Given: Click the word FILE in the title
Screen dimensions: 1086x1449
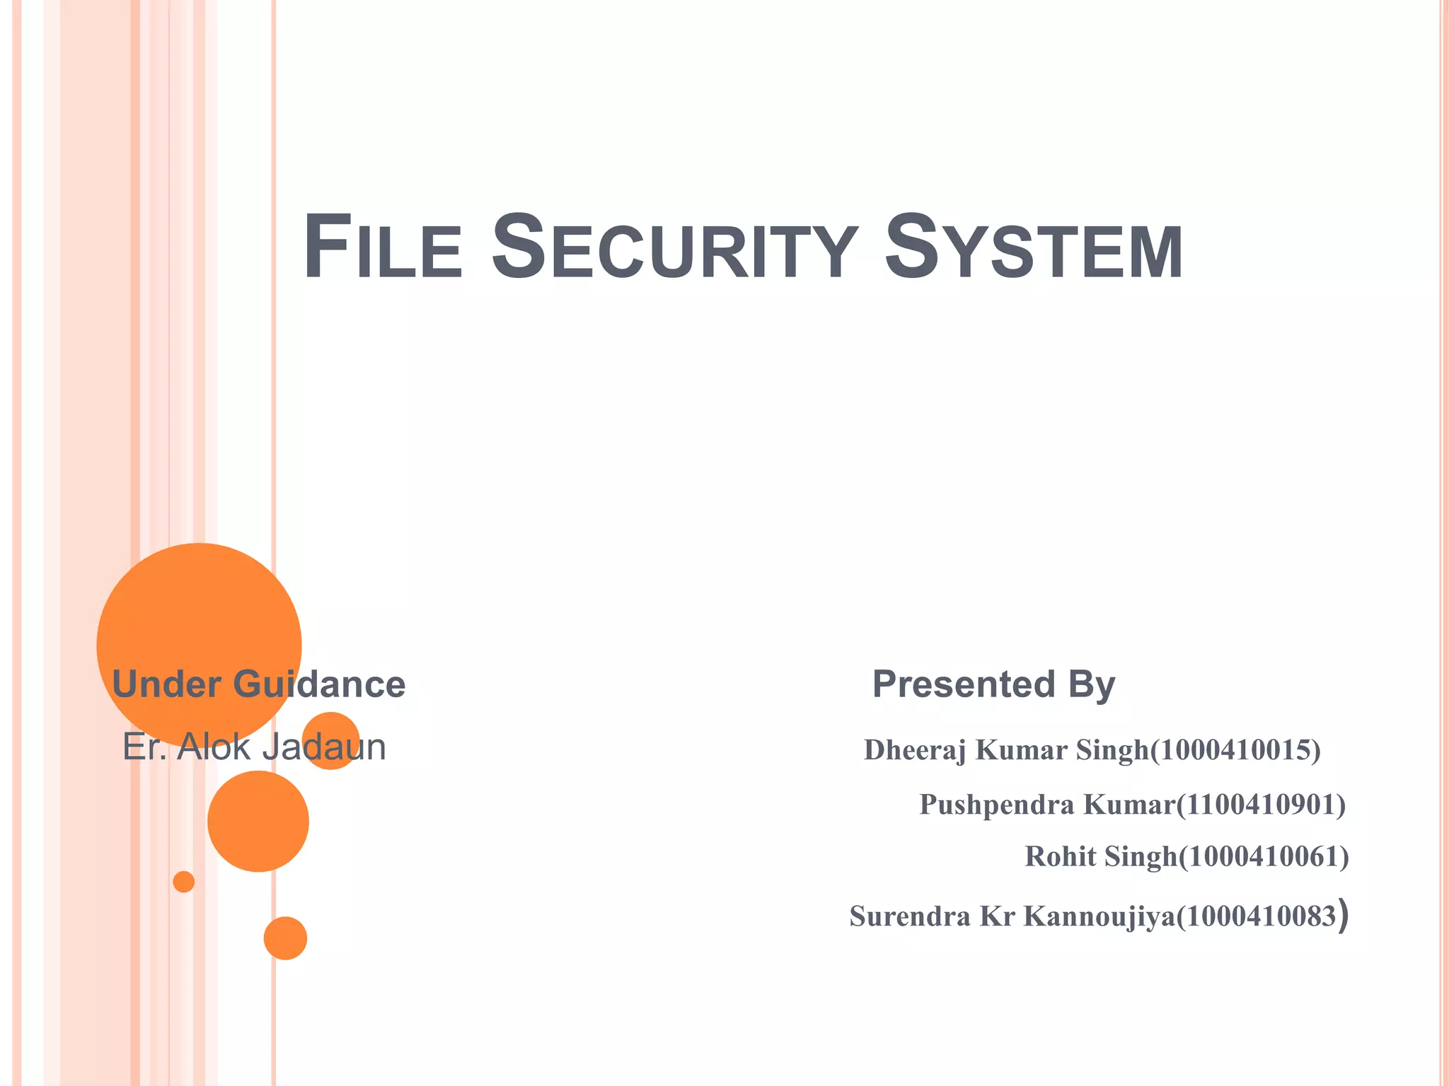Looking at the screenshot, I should tap(382, 247).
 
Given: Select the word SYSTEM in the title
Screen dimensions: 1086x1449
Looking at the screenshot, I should tap(1033, 247).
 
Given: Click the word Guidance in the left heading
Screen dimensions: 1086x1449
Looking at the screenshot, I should tap(319, 684).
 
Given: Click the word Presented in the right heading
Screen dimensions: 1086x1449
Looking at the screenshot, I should tap(964, 684).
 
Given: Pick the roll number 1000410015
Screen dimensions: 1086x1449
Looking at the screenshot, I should tap(1235, 750).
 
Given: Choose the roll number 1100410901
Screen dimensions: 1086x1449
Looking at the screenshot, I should tap(1260, 805).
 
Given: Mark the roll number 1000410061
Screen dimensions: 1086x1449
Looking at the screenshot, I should tap(1264, 857).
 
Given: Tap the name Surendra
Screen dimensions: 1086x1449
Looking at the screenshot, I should tap(909, 916).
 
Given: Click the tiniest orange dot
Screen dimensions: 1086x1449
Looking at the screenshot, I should tap(184, 882).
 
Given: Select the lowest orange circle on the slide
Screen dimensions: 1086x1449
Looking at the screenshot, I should tap(285, 938).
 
